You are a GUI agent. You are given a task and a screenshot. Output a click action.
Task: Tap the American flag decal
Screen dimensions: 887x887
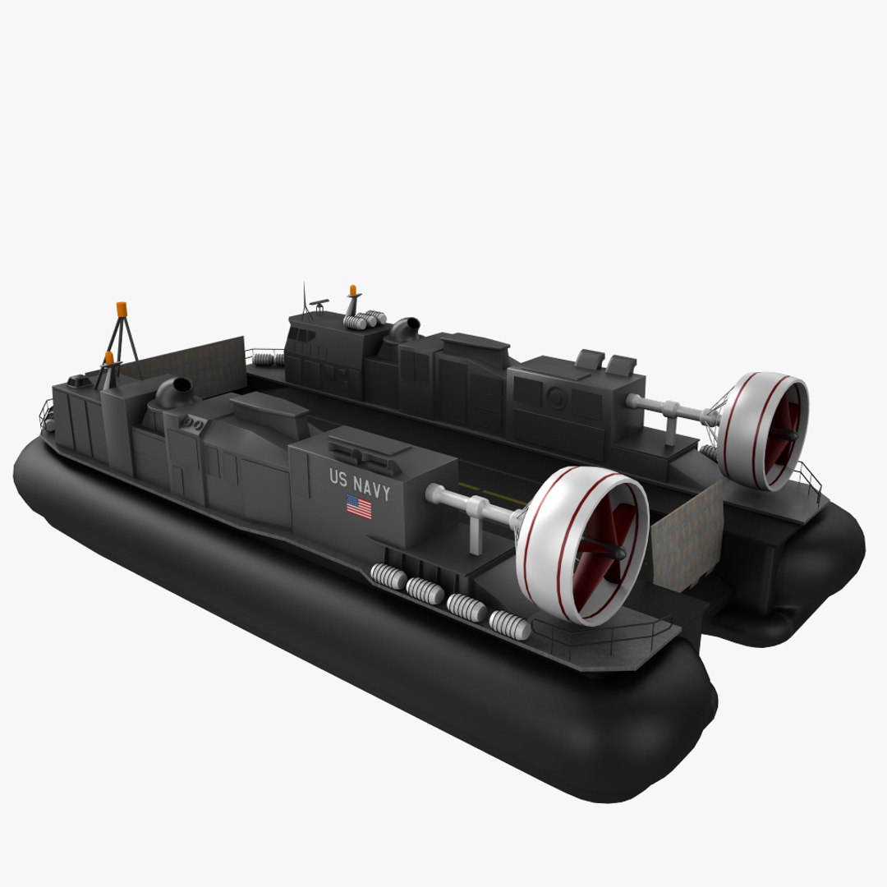tap(358, 507)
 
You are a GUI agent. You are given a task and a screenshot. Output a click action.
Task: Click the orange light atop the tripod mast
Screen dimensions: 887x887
tap(122, 309)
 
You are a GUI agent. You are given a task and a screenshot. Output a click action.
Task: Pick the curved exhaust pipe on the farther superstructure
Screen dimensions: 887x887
tap(404, 328)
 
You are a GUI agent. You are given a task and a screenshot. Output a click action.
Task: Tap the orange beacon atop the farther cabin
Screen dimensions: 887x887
tap(353, 291)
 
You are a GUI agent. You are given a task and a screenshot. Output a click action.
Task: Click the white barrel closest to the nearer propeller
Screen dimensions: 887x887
tap(510, 625)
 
